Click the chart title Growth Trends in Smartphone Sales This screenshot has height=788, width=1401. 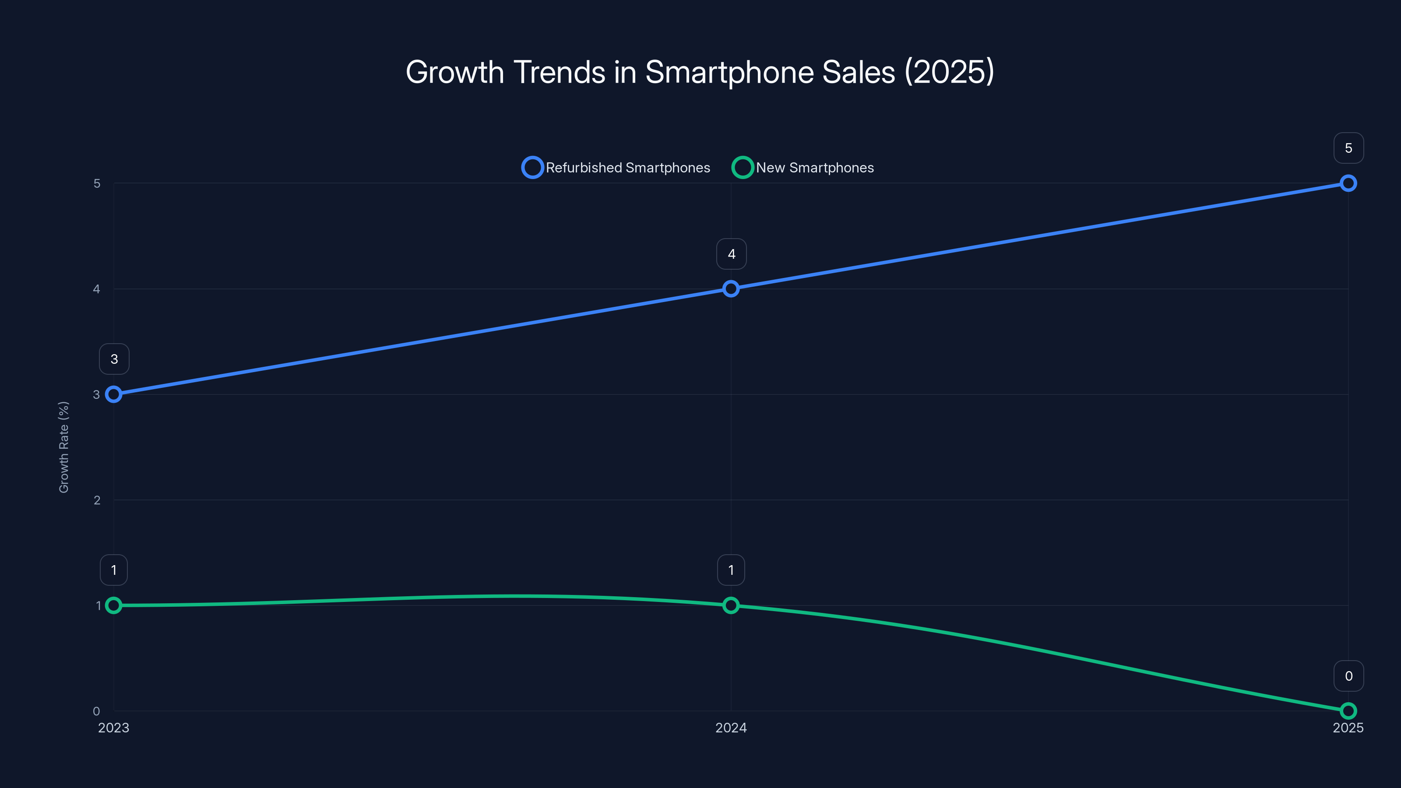point(700,72)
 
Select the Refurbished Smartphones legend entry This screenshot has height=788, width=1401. point(616,168)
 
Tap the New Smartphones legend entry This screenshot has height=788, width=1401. point(803,168)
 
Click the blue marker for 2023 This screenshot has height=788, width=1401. point(114,394)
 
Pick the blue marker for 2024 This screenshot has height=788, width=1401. point(731,289)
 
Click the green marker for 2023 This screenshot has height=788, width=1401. point(114,605)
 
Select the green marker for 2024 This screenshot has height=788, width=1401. point(731,605)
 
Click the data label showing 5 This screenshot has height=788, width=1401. point(1348,148)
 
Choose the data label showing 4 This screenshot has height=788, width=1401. point(731,254)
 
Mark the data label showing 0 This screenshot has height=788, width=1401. point(1348,676)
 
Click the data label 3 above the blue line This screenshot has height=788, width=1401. point(114,359)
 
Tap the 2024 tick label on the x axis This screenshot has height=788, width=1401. point(731,728)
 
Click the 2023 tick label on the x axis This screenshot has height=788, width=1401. point(114,728)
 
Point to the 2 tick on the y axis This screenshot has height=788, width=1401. point(97,500)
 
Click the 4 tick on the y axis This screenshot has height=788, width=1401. point(96,289)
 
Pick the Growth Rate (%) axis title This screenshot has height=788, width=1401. point(63,447)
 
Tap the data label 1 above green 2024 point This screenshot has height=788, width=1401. point(731,570)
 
